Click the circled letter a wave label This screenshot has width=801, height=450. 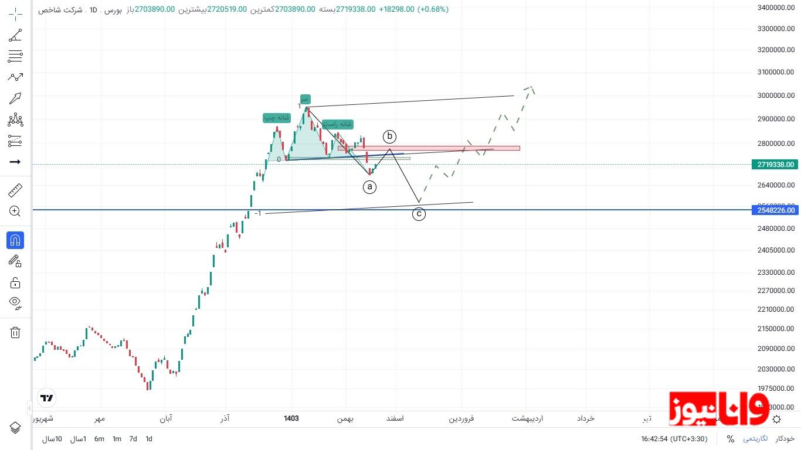[369, 187]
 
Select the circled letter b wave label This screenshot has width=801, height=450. [390, 137]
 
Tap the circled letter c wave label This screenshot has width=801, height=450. [419, 214]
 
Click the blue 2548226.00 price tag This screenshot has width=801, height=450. [775, 210]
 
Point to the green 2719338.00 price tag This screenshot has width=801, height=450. [775, 165]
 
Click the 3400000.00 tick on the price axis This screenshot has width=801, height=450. [775, 8]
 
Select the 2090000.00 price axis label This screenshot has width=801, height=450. [775, 349]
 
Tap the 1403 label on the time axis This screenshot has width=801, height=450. [291, 418]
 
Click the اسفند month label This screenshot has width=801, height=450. [395, 418]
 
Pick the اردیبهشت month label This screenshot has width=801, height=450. [527, 418]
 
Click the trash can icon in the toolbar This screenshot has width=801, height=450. [15, 333]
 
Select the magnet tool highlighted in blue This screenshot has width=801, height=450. [15, 240]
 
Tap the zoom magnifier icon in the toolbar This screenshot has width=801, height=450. [15, 212]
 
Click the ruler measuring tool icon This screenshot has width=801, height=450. [15, 190]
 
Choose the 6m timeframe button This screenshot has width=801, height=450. [99, 439]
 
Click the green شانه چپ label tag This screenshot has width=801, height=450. [277, 118]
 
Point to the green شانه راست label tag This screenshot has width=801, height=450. [338, 124]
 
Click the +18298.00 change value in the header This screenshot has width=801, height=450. [397, 9]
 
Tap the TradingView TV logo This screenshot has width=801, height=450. [47, 398]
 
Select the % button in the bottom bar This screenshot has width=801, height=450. [730, 439]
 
